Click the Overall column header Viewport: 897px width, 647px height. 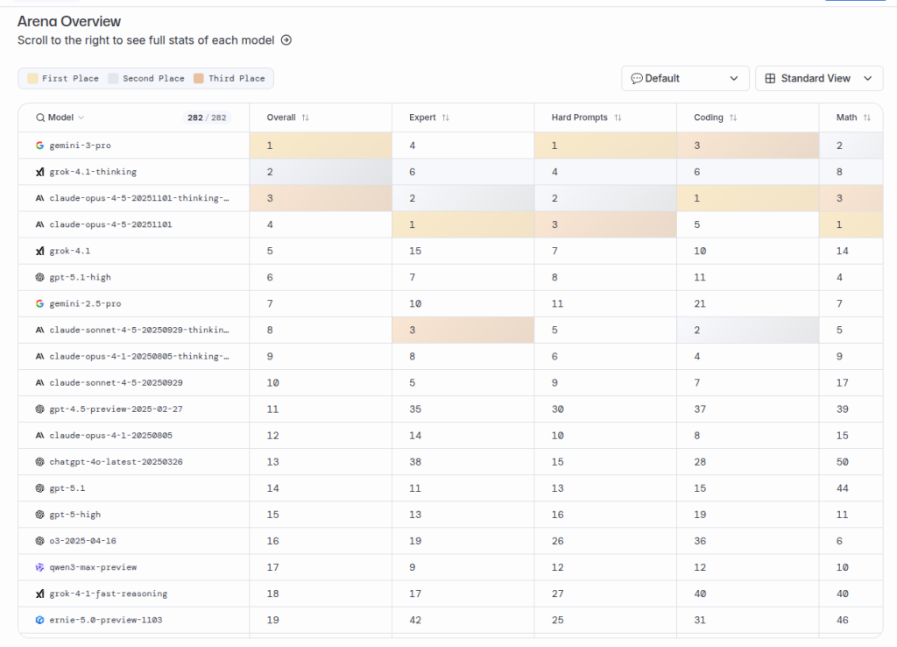(x=281, y=117)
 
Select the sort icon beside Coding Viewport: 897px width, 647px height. (x=733, y=117)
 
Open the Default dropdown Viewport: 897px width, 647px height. (x=685, y=78)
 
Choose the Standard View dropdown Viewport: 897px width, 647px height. (x=818, y=78)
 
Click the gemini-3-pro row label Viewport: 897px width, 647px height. (x=80, y=146)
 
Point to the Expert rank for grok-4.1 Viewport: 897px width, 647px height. (x=415, y=251)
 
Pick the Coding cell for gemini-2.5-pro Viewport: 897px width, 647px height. (x=699, y=303)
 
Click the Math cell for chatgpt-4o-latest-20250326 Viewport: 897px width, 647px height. (x=842, y=462)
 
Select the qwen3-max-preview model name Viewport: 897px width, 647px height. (x=93, y=567)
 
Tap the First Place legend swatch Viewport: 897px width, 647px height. (x=32, y=78)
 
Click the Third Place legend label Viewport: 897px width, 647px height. (x=237, y=78)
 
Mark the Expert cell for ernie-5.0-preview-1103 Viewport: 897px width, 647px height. (x=415, y=620)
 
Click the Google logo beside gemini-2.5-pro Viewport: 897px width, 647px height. (x=39, y=303)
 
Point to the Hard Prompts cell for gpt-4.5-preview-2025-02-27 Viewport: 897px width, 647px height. (x=558, y=409)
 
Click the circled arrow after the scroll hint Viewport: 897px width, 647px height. (x=286, y=40)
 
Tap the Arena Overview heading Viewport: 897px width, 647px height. (x=69, y=21)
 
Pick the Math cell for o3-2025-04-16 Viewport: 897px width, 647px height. (x=839, y=541)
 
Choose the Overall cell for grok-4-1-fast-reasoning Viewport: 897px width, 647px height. (x=272, y=594)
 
